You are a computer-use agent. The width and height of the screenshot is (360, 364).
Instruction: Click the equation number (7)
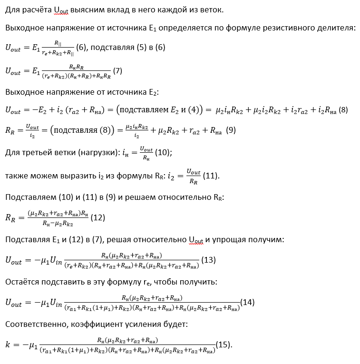[x=117, y=70]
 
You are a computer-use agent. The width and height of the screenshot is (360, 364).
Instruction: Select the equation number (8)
[x=343, y=110]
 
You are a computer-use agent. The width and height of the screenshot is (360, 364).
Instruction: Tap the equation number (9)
[x=231, y=130]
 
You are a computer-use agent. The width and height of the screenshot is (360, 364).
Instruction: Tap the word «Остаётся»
[x=23, y=282]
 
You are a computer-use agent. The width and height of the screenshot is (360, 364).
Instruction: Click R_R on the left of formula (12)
[x=11, y=217]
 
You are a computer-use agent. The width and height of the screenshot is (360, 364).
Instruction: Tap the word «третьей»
[x=38, y=152]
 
